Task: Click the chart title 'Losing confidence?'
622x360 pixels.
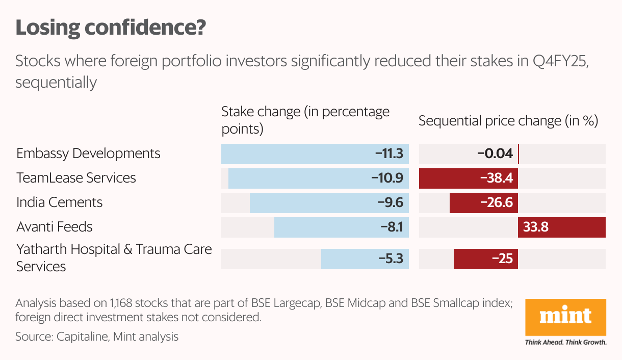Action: pyautogui.click(x=111, y=28)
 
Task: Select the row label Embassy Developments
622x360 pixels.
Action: pyautogui.click(x=88, y=153)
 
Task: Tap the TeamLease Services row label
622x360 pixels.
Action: pyautogui.click(x=76, y=178)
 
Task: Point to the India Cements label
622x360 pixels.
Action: pyautogui.click(x=59, y=202)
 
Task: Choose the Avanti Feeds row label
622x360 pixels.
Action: pyautogui.click(x=55, y=227)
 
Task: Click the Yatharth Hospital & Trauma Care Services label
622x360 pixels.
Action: pyautogui.click(x=114, y=258)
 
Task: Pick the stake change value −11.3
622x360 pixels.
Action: pyautogui.click(x=390, y=153)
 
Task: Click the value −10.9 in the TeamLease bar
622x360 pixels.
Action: pyautogui.click(x=388, y=178)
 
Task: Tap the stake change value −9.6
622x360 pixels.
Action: pyautogui.click(x=391, y=202)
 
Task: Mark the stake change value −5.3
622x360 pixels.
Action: pyautogui.click(x=391, y=259)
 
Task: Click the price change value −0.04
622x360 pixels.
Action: pyautogui.click(x=495, y=153)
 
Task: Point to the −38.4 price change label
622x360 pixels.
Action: pyautogui.click(x=496, y=178)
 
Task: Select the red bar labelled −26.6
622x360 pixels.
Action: pyautogui.click(x=484, y=202)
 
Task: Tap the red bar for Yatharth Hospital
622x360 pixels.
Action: pyautogui.click(x=486, y=259)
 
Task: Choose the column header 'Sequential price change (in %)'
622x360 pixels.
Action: pyautogui.click(x=508, y=121)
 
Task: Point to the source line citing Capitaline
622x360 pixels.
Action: pyautogui.click(x=97, y=337)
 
